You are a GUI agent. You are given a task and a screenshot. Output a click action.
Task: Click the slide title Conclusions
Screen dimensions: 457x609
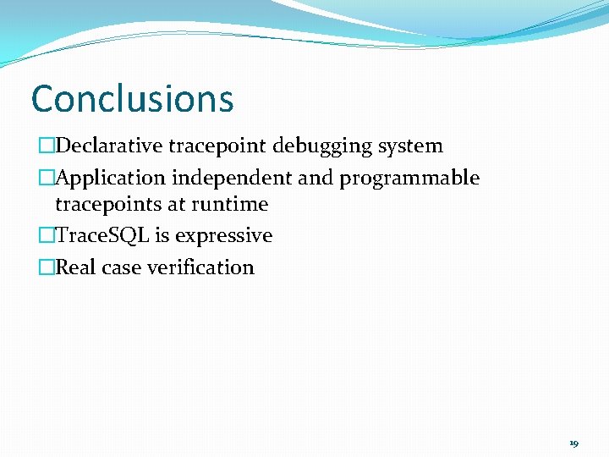pyautogui.click(x=132, y=98)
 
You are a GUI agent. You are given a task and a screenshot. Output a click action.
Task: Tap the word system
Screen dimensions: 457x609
pyautogui.click(x=410, y=146)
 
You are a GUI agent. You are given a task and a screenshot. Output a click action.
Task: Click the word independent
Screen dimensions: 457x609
pyautogui.click(x=217, y=178)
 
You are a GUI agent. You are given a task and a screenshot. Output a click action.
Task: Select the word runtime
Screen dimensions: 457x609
pyautogui.click(x=229, y=204)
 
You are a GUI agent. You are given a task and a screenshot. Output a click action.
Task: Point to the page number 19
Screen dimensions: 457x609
pyautogui.click(x=573, y=443)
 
